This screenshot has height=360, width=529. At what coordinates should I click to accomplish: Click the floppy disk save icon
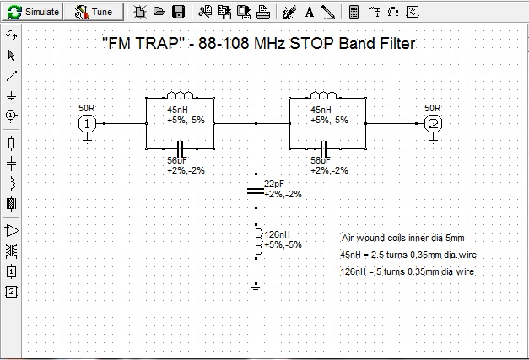point(178,12)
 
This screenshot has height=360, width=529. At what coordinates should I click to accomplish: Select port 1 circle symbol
point(87,123)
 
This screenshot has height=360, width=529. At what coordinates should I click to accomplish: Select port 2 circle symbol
point(432,123)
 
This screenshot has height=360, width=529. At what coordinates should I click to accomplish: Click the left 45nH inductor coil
point(181,95)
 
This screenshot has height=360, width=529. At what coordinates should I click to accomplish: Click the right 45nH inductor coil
point(324,95)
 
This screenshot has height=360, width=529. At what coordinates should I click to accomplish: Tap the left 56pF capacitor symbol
point(181,148)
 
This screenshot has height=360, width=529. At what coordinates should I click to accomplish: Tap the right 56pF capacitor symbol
point(323,148)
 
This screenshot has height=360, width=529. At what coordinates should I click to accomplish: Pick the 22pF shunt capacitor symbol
point(256,191)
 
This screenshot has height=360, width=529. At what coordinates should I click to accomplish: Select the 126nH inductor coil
point(256,239)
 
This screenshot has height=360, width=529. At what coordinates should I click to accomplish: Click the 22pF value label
point(274,184)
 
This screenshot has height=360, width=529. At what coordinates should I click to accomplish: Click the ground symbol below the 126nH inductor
point(256,287)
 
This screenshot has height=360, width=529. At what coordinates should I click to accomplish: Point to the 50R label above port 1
point(87,108)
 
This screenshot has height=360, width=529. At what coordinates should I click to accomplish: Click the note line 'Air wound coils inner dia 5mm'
point(402,238)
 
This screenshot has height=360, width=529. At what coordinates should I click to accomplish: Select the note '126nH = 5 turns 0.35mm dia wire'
point(407,272)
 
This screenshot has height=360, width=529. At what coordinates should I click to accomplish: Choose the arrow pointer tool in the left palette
point(11,56)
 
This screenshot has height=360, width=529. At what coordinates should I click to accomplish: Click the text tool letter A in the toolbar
point(309,12)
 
